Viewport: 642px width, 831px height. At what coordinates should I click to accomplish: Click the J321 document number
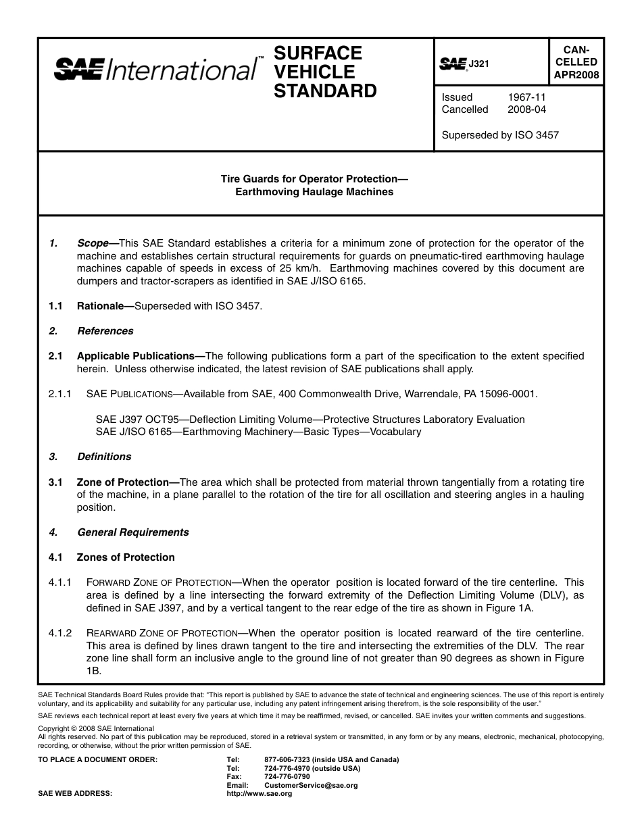pyautogui.click(x=478, y=64)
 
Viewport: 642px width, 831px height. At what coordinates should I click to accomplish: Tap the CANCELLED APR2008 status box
pyautogui.click(x=576, y=62)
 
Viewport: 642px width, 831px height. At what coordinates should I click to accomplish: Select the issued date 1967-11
pyautogui.click(x=526, y=97)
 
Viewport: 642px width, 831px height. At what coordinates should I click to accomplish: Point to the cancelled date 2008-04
pyautogui.click(x=526, y=109)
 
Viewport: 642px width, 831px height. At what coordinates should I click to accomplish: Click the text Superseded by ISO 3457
pyautogui.click(x=500, y=134)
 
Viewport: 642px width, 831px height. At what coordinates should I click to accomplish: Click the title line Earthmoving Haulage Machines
pyautogui.click(x=314, y=191)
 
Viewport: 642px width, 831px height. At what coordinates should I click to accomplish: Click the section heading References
pyautogui.click(x=105, y=331)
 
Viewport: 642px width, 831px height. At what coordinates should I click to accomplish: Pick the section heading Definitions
pyautogui.click(x=104, y=457)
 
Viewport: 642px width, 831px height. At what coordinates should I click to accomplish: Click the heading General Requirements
pyautogui.click(x=133, y=532)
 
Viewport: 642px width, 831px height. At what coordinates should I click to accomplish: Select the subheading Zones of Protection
pyautogui.click(x=126, y=557)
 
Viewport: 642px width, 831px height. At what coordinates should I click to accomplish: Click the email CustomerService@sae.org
pyautogui.click(x=310, y=785)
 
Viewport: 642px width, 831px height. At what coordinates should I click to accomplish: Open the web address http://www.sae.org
pyautogui.click(x=259, y=794)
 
